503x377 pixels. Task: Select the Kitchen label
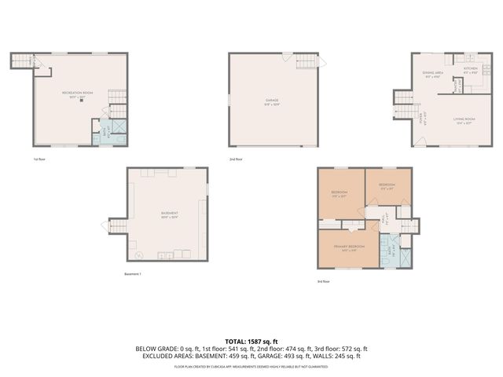(470, 70)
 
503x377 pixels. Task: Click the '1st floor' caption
(37, 159)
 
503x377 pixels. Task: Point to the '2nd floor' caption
(235, 159)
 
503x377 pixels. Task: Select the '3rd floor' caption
(323, 281)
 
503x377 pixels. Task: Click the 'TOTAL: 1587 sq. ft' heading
(251, 341)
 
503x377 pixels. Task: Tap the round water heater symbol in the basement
(139, 255)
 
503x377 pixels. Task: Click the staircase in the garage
(308, 61)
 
